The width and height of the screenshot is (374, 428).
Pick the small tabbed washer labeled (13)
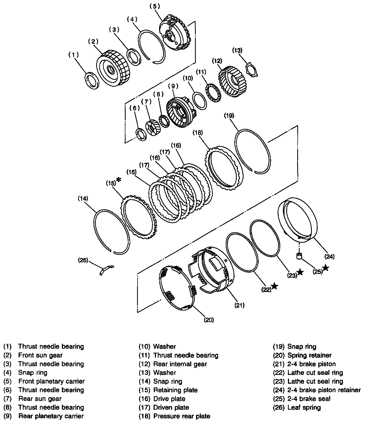[252, 70]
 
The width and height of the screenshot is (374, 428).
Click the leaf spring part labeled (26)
[106, 270]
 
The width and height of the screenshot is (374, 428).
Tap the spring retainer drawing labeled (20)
[177, 288]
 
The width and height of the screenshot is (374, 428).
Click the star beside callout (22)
[275, 286]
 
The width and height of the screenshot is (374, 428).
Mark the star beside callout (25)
[326, 268]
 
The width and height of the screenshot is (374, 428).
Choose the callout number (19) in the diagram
[229, 116]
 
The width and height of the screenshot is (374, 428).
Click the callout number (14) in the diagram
[83, 198]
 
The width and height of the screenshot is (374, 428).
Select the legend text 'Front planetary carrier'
[52, 381]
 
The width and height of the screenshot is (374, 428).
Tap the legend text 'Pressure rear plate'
[182, 416]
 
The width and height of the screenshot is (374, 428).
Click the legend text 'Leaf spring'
[304, 407]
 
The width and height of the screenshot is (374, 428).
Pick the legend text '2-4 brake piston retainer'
[324, 390]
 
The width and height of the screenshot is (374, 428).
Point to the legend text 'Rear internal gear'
[180, 364]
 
